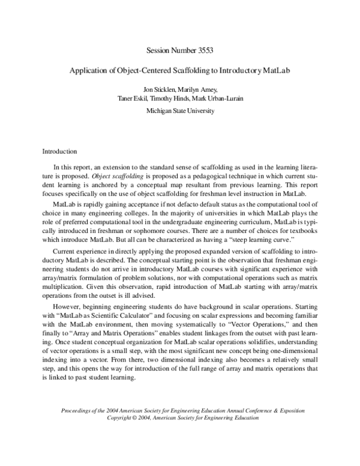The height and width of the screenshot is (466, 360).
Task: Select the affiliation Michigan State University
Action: (180, 111)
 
